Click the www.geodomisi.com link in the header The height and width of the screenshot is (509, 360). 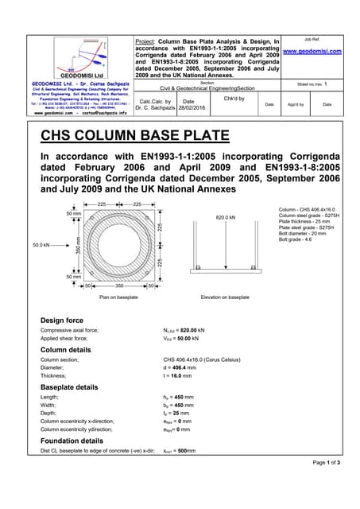[x=312, y=51]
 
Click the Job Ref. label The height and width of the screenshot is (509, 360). [x=312, y=39]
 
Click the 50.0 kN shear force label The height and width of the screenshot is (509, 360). [x=41, y=245]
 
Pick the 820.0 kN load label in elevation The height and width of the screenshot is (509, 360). [x=226, y=217]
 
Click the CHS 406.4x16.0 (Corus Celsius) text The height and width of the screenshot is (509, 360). [x=203, y=359]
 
